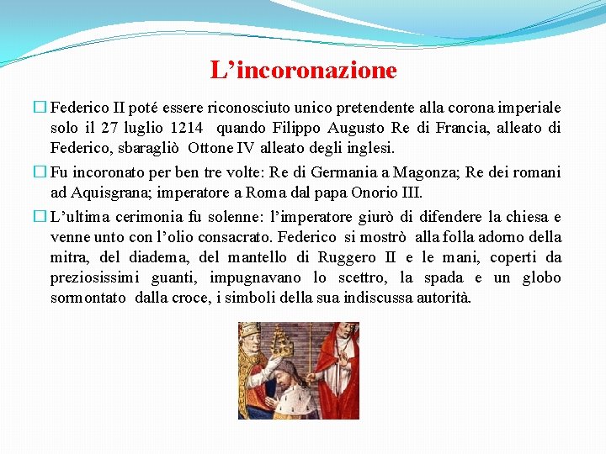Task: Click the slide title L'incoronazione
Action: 303,70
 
